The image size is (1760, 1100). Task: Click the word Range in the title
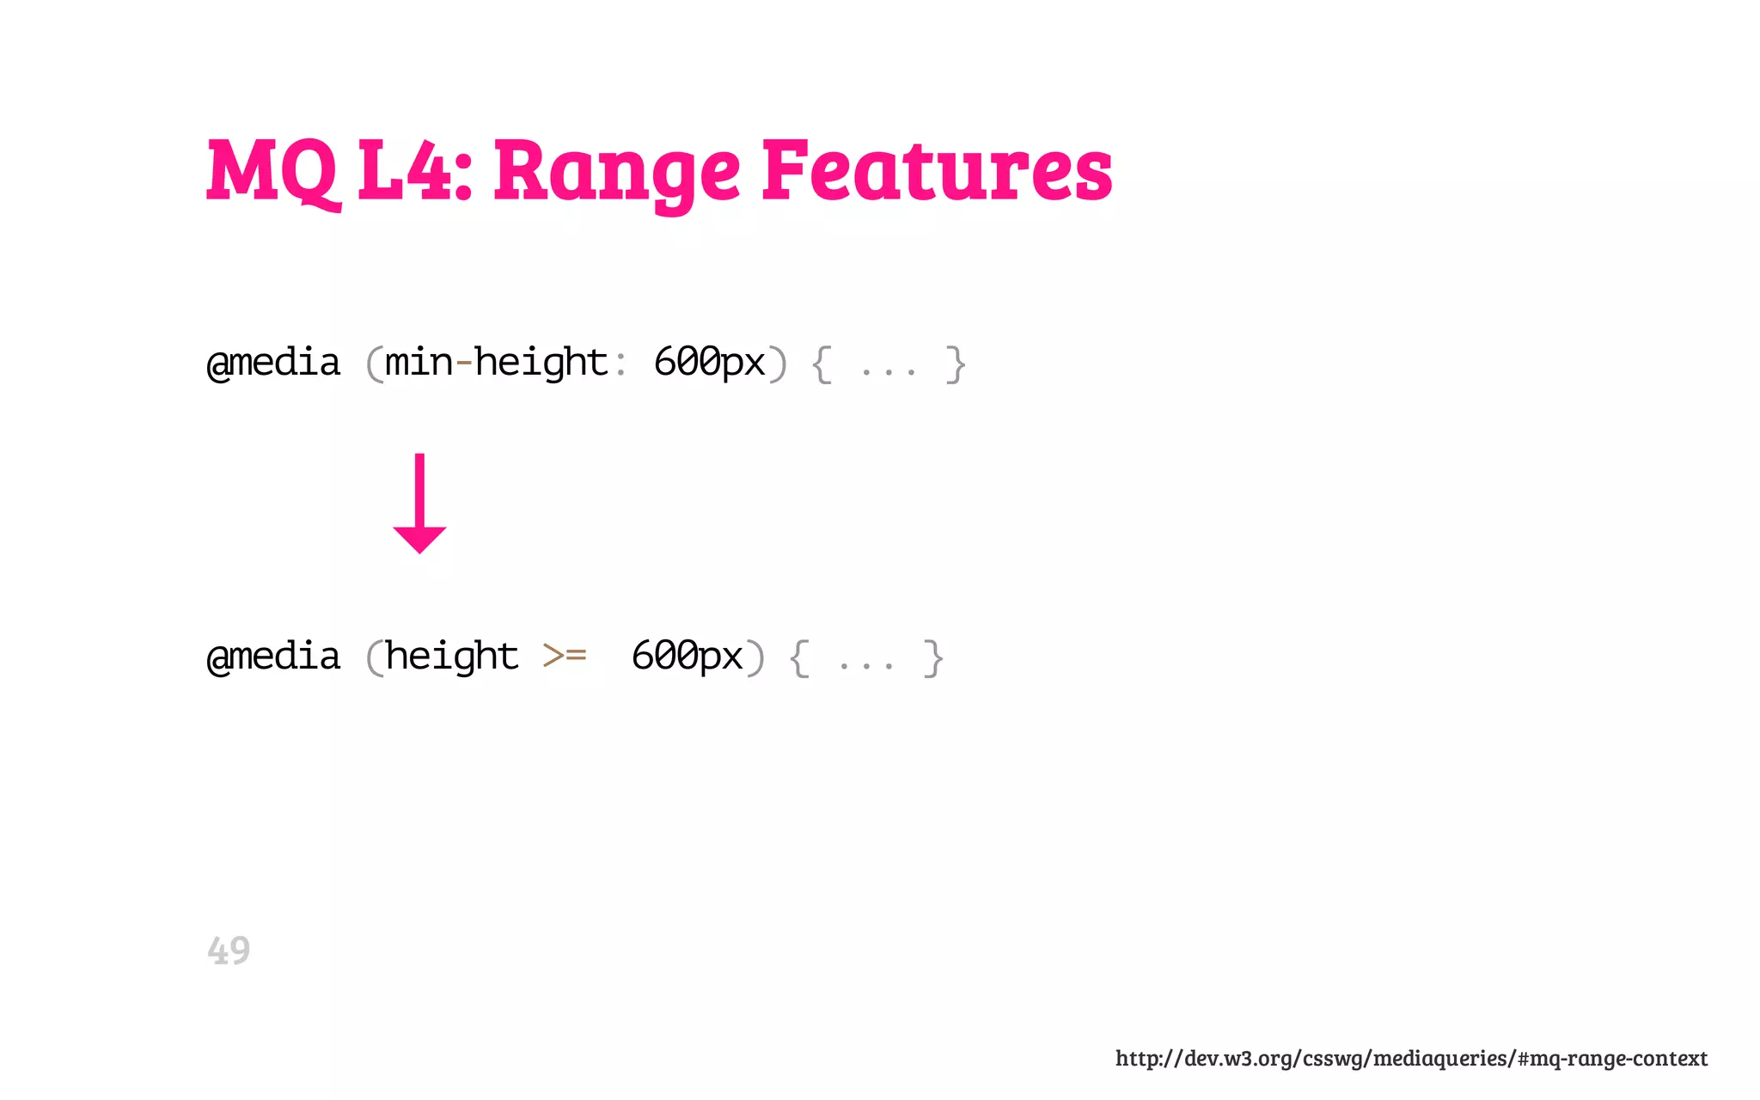(616, 172)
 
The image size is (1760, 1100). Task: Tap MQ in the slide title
(272, 172)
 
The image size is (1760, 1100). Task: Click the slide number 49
(229, 950)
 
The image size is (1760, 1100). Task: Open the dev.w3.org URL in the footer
(1411, 1058)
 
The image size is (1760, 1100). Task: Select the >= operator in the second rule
(565, 657)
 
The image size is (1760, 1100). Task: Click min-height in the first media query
(497, 363)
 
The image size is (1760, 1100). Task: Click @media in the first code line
(274, 363)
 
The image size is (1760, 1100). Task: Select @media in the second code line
(274, 657)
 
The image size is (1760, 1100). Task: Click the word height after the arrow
(452, 657)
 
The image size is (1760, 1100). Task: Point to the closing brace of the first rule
(955, 364)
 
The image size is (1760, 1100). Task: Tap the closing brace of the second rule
(932, 658)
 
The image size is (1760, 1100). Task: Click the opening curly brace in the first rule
(822, 364)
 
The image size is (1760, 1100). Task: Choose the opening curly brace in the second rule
(799, 658)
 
